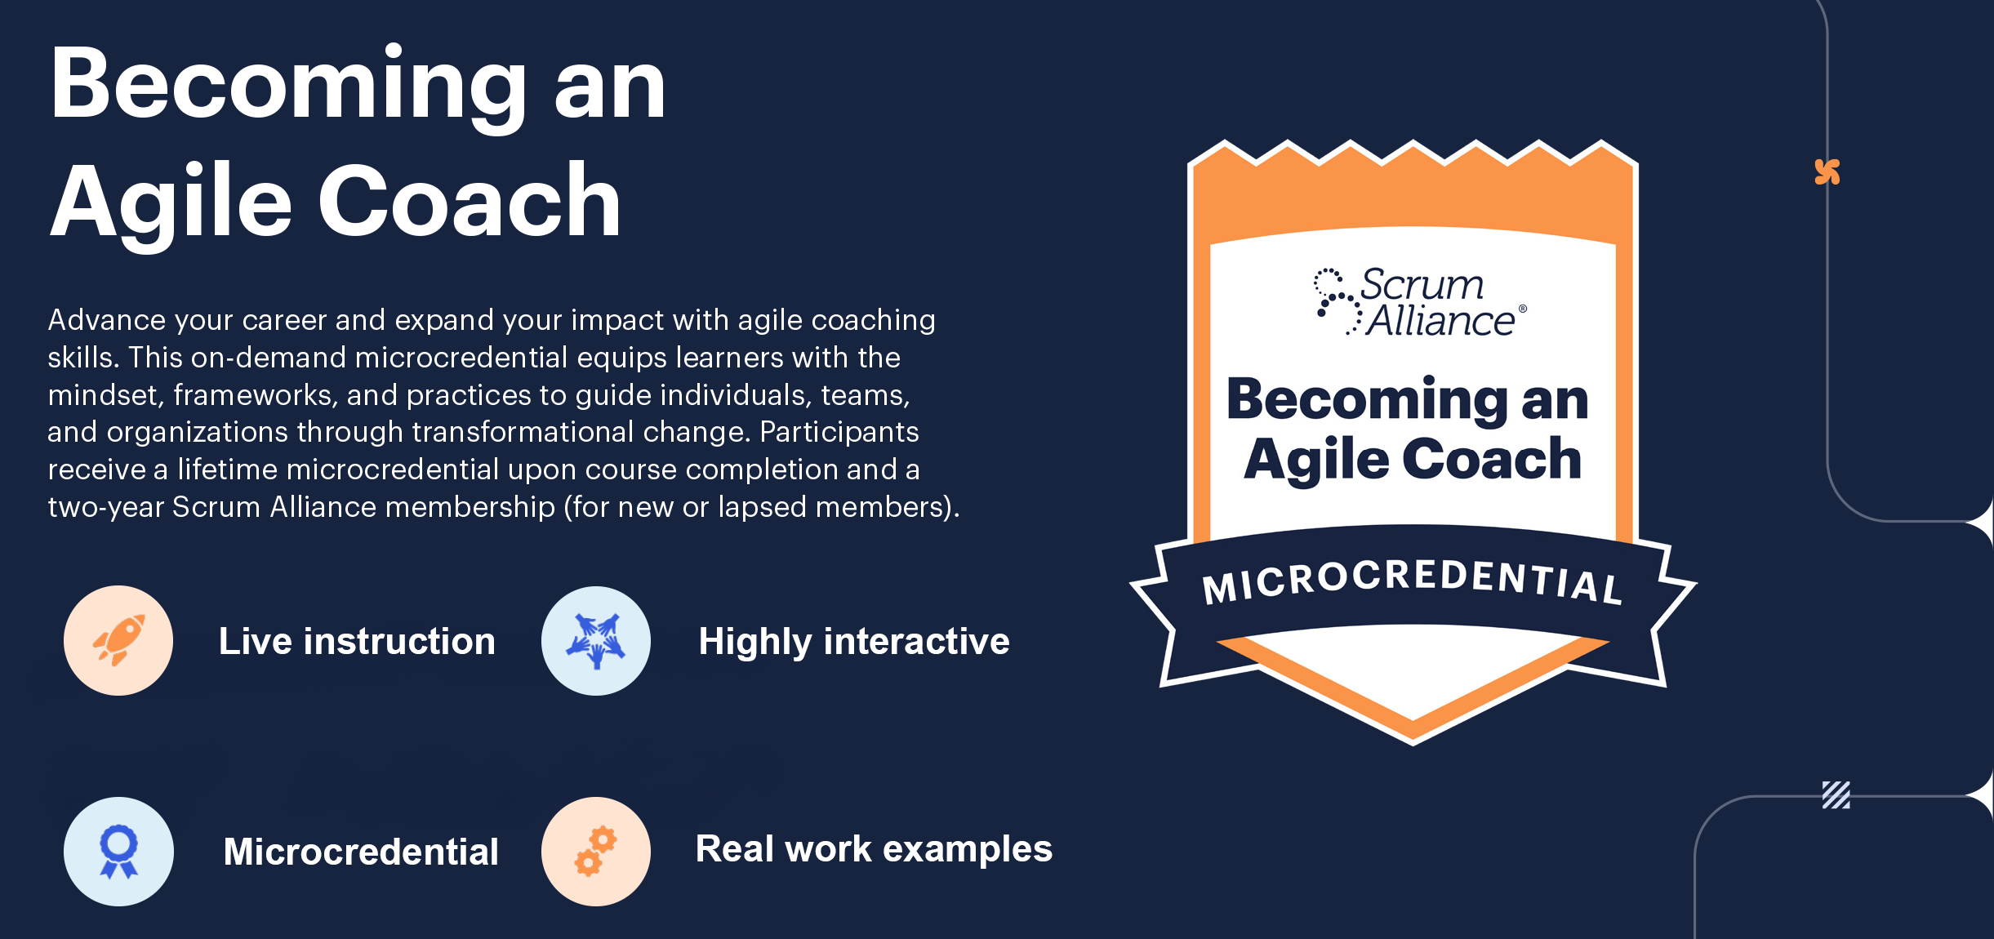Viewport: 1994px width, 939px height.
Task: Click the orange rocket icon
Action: (119, 640)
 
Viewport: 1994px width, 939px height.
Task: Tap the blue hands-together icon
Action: (596, 641)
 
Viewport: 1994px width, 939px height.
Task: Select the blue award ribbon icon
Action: (118, 852)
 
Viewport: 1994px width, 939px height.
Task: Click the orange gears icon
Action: (596, 851)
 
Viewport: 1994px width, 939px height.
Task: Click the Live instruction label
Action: (357, 641)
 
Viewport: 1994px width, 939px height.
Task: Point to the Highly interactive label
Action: (854, 642)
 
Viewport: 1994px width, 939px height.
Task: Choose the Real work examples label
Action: (874, 849)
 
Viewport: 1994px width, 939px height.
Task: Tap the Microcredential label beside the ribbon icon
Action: (361, 852)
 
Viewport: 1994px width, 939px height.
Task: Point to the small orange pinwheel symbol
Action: (1827, 171)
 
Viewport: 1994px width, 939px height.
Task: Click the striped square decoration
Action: (1836, 794)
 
